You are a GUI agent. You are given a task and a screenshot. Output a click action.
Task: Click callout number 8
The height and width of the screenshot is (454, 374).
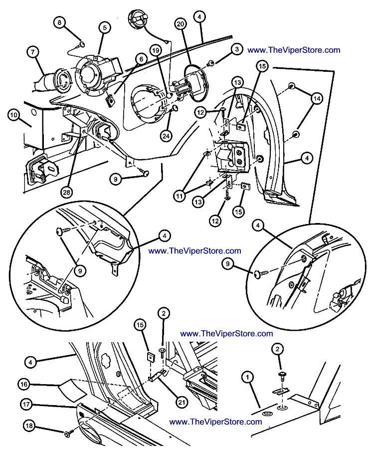(x=60, y=23)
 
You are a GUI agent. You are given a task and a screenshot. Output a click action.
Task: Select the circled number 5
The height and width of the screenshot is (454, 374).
(x=105, y=28)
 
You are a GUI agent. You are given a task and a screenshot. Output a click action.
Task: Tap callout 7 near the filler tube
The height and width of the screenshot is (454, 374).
(x=33, y=51)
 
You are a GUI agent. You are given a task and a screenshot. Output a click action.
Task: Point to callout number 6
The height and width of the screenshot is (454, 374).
(x=141, y=59)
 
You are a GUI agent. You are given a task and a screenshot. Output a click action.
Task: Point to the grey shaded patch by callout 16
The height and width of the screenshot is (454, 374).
(x=70, y=388)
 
